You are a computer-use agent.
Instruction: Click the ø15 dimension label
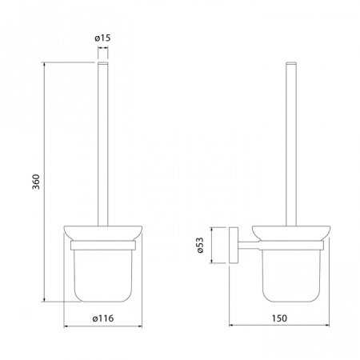[x=102, y=38]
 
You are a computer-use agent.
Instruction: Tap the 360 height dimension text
[x=36, y=182]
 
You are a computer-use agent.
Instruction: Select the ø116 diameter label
[x=103, y=318]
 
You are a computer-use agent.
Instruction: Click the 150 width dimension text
[x=279, y=318]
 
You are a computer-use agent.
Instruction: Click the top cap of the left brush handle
[x=103, y=63]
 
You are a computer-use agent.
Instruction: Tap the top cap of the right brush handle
[x=291, y=63]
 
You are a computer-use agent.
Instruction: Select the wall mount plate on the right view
[x=234, y=246]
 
